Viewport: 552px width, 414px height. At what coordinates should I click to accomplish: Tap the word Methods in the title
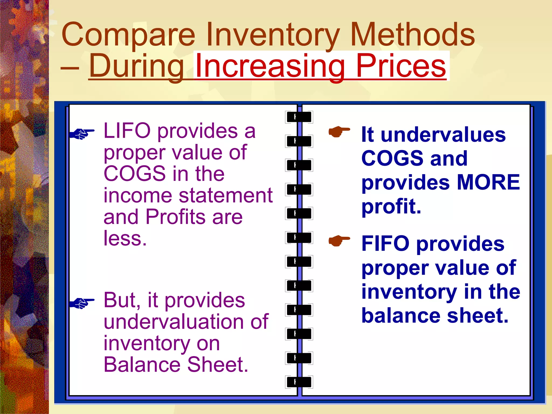click(412, 34)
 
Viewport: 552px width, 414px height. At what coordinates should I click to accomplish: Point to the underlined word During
click(136, 66)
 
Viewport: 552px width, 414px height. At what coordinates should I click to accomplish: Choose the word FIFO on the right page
click(385, 244)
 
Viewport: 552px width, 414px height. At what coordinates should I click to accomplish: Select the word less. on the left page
click(125, 238)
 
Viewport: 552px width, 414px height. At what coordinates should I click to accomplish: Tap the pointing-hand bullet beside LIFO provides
click(82, 133)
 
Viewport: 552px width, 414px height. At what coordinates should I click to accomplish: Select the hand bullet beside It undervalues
click(339, 132)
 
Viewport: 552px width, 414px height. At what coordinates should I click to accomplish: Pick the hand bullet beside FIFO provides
click(339, 240)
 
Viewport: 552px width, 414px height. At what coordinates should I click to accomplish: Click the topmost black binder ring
click(299, 117)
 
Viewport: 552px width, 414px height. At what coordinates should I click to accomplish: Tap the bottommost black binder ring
click(299, 382)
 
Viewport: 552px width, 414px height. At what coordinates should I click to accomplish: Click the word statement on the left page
click(226, 196)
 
